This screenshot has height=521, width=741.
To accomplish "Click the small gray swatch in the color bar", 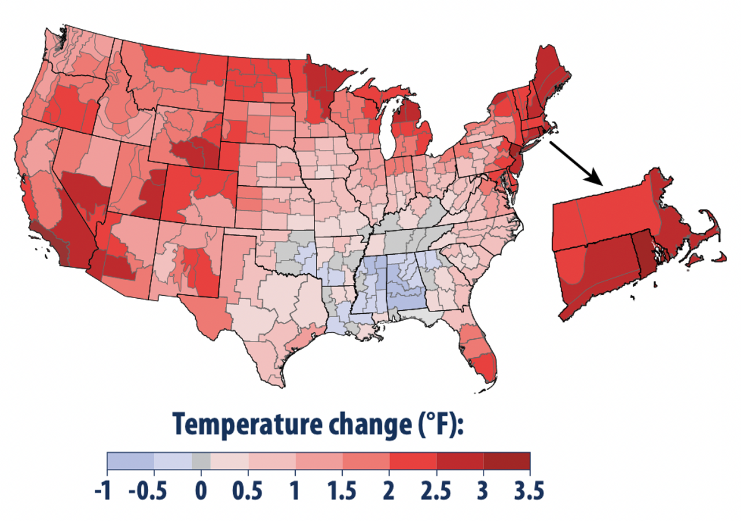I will coord(201,461).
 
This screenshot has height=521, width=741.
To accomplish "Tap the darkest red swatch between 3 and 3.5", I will coord(507,461).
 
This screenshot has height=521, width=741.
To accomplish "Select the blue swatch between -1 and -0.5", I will coord(131,461).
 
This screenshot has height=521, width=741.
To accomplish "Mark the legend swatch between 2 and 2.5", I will coord(413,461).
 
